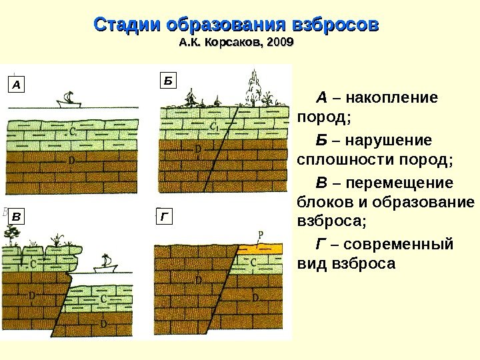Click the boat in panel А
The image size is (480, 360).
pos(68,101)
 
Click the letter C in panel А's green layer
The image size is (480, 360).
pos(71,132)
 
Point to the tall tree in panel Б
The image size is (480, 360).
pos(254,85)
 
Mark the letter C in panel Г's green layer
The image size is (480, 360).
pos(254,263)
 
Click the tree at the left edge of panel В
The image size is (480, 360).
pos(11,233)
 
